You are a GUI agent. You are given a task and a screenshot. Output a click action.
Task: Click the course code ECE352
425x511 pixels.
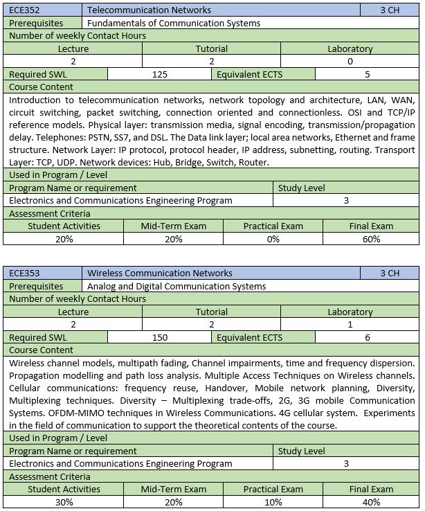click(24, 10)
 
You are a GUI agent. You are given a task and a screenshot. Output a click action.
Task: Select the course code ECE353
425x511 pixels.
click(24, 274)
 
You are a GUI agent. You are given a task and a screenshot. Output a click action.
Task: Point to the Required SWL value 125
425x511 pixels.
click(160, 74)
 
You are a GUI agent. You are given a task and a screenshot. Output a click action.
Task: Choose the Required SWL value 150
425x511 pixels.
click(160, 337)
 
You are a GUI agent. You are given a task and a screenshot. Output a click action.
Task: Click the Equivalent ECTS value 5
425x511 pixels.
click(368, 74)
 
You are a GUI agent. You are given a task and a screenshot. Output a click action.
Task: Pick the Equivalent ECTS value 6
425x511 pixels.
click(368, 337)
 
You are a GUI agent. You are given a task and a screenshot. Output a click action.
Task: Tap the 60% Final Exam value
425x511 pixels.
click(371, 239)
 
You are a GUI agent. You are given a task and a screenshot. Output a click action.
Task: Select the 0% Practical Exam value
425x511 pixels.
click(273, 239)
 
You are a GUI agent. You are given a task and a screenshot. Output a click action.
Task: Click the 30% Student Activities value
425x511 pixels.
click(64, 502)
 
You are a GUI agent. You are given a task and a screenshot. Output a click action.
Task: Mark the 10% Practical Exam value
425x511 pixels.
click(273, 502)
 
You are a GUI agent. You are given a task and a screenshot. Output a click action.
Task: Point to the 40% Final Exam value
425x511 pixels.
click(371, 502)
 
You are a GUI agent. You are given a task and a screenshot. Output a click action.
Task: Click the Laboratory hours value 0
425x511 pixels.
click(350, 62)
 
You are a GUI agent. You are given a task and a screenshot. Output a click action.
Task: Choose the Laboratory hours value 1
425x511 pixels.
click(350, 325)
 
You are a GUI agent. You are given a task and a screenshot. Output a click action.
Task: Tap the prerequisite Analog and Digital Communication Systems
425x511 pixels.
click(177, 286)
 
